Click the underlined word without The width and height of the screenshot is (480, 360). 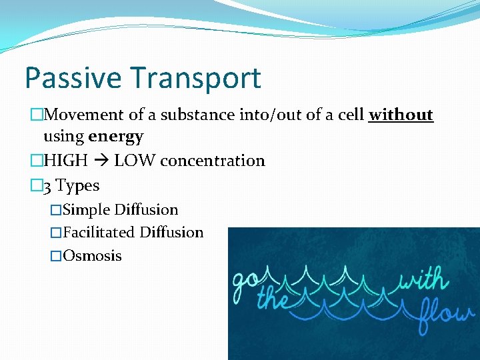coord(401,115)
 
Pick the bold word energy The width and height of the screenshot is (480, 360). coord(115,137)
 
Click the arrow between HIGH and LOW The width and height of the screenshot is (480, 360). coord(103,161)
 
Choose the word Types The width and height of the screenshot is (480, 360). coord(79,186)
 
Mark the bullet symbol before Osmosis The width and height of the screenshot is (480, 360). coord(56,256)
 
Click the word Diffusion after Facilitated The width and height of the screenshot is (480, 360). coord(171,233)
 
